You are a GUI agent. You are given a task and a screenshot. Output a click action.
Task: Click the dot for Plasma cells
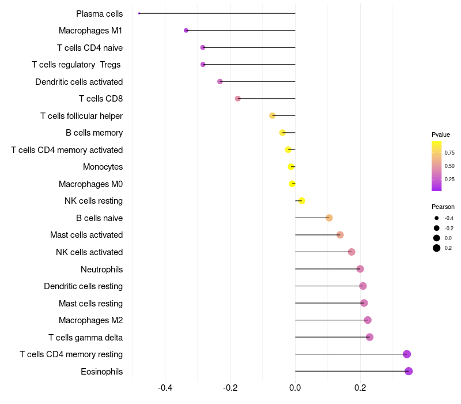(x=139, y=13)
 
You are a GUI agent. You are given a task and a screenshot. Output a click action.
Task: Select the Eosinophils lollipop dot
(x=409, y=371)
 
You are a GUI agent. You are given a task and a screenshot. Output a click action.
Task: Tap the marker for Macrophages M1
(x=186, y=30)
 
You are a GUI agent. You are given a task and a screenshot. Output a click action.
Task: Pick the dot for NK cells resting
(x=301, y=201)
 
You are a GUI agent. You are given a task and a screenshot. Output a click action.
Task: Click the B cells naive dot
(x=329, y=218)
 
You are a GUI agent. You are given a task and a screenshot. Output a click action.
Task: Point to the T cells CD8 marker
(x=238, y=99)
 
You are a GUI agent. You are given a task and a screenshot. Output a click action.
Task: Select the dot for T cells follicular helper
(x=273, y=115)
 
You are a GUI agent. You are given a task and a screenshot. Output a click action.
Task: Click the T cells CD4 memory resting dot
(x=407, y=354)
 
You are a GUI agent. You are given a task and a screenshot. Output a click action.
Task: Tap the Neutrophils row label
(x=101, y=269)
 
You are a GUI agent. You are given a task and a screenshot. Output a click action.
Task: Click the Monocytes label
(x=103, y=167)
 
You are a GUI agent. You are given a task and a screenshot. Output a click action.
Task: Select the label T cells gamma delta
(x=85, y=337)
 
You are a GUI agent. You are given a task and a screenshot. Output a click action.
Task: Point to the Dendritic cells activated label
(x=79, y=82)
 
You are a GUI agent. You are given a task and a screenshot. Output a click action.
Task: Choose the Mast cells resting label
(x=90, y=303)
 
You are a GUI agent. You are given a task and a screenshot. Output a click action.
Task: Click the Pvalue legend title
(x=441, y=134)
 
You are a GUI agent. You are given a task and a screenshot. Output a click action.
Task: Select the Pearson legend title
(x=443, y=207)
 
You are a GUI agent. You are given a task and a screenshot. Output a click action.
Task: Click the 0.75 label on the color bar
(x=449, y=153)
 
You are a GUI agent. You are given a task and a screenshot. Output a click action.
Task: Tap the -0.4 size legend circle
(x=437, y=218)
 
